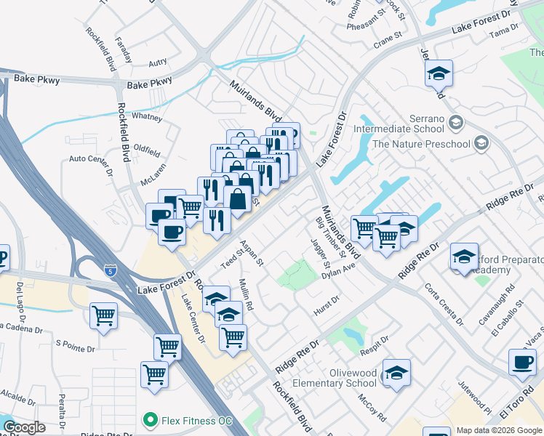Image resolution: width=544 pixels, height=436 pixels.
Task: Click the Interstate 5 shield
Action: pos(110,269)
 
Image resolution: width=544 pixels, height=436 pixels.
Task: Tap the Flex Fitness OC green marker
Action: pos(151,419)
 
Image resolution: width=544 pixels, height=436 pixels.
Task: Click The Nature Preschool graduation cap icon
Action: pos(481,144)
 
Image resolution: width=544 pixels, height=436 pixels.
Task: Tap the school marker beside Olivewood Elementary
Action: pos(396,373)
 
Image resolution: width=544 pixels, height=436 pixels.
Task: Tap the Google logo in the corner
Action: pos(24,427)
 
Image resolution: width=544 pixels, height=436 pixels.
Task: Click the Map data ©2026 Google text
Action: pos(499,430)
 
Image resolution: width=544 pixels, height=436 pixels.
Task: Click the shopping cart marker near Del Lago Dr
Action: pos(105,316)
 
